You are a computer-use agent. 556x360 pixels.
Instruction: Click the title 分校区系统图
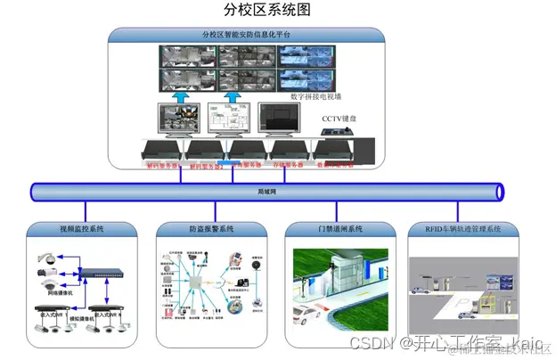click(x=267, y=11)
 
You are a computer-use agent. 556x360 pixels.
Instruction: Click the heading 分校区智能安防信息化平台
click(x=246, y=36)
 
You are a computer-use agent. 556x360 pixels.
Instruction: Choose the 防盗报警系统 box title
click(x=211, y=229)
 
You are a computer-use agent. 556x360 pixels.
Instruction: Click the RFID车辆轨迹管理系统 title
click(x=469, y=229)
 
